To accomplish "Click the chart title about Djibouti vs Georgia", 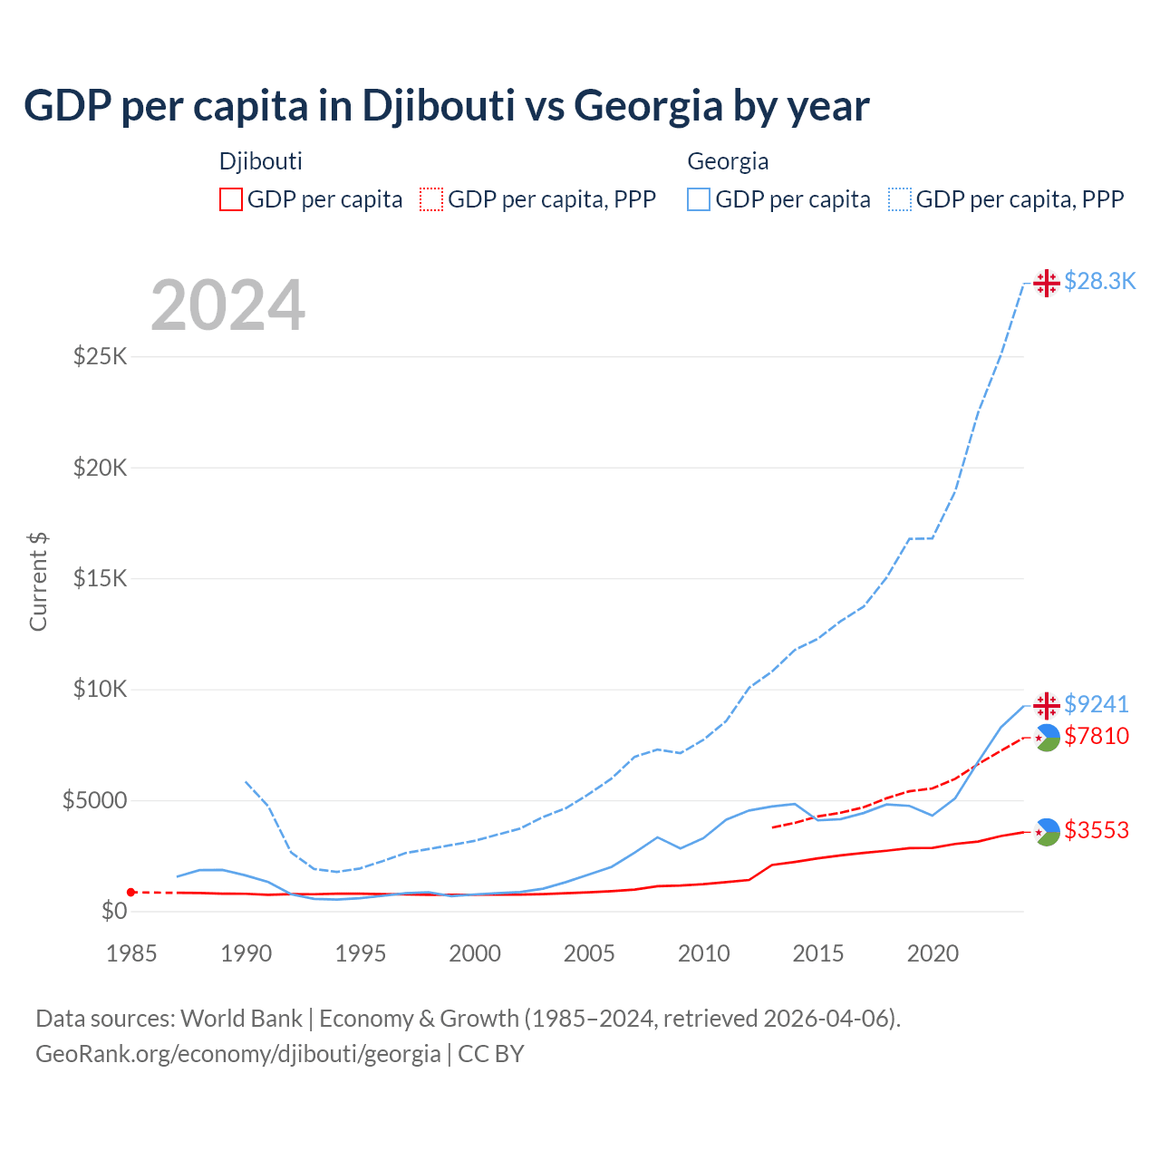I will coord(446,106).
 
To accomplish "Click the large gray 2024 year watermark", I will coord(227,306).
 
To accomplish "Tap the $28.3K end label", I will coord(1099,282).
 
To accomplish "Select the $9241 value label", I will coord(1096,704).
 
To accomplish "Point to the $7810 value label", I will coord(1097,736).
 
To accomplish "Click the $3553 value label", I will coord(1097,830).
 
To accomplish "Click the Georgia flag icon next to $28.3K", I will coord(1047,283).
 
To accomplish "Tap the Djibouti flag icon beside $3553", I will coord(1047,832).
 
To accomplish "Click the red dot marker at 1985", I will coord(131,893).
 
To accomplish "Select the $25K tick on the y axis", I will coord(101,356).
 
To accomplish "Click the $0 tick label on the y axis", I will coord(113,912).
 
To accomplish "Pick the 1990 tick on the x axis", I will coord(246,953).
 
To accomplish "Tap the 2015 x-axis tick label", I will coord(817,953).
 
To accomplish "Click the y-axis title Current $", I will coord(38,581).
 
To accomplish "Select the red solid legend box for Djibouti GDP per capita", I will coord(231,199).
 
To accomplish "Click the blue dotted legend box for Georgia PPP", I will coord(900,199).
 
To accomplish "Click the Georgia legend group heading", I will coord(728,161).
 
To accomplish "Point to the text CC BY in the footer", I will coord(491,1054).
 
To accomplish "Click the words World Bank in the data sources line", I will coord(241,1019).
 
